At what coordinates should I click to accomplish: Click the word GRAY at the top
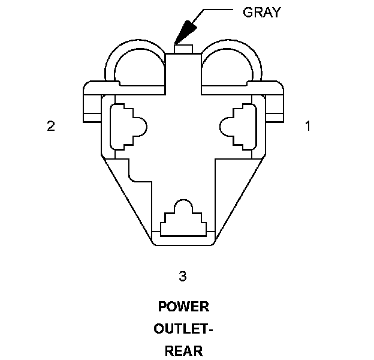262,13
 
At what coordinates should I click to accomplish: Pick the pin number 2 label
52,126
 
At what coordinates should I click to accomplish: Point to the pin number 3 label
183,276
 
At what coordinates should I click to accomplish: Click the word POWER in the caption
183,307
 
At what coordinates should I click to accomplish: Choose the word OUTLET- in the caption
183,329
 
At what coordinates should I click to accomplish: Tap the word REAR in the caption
183,351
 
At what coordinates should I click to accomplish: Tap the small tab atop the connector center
183,48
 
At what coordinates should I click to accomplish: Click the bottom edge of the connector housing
183,244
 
